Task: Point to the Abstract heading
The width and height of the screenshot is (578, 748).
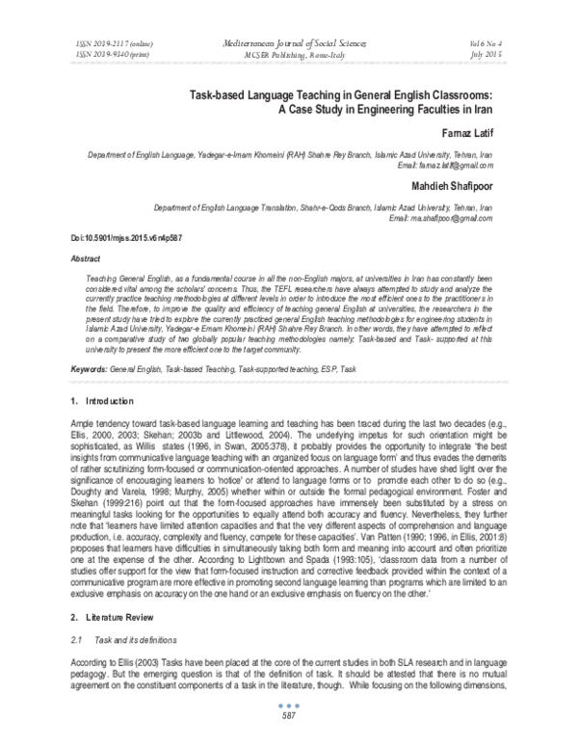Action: (89, 259)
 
